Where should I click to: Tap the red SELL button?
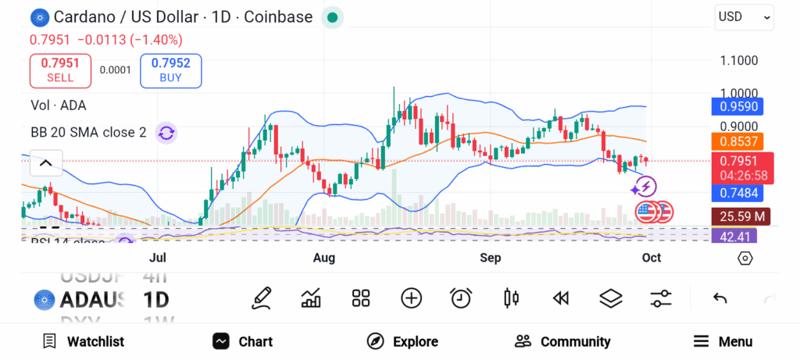(60, 70)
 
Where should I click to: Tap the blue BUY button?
(170, 70)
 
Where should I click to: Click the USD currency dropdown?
(744, 16)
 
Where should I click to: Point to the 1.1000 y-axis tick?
(738, 60)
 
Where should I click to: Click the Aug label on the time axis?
(324, 258)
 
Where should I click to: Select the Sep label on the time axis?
(490, 258)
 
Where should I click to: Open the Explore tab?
(402, 341)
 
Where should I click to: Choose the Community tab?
(562, 341)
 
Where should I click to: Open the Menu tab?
(723, 341)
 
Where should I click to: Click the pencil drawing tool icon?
(262, 298)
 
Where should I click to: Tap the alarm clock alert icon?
(461, 298)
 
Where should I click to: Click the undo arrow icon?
(720, 298)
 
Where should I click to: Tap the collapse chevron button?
(45, 163)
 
